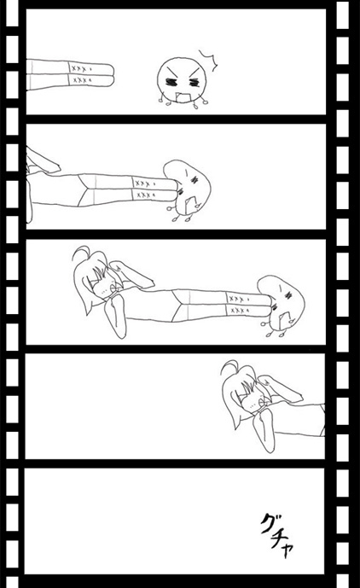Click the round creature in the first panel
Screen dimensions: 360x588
click(x=182, y=81)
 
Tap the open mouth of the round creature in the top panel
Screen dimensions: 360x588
click(x=184, y=97)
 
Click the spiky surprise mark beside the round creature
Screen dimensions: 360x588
click(x=208, y=60)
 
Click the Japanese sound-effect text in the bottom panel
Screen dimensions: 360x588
click(x=276, y=535)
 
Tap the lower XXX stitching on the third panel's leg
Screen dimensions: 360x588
click(x=239, y=311)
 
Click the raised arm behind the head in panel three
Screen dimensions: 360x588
click(x=131, y=275)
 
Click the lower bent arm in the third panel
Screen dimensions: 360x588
click(x=115, y=316)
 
